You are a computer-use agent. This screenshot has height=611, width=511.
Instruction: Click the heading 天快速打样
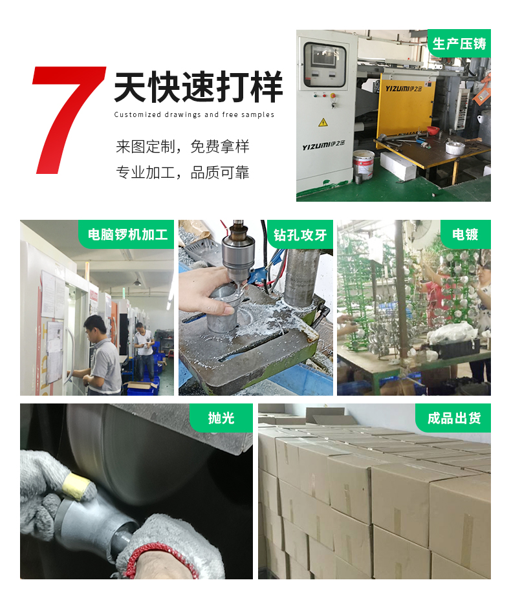click(198, 88)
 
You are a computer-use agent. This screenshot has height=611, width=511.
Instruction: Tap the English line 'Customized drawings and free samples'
click(194, 115)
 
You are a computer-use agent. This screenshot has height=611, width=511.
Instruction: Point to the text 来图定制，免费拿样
click(182, 147)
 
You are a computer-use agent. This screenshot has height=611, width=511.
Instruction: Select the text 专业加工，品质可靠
click(182, 173)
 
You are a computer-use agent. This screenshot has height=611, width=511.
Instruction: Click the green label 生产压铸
click(459, 43)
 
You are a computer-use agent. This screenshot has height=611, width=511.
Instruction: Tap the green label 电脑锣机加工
click(127, 234)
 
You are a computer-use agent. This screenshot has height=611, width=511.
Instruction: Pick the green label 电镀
click(465, 234)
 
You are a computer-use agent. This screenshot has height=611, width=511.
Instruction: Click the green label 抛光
click(221, 418)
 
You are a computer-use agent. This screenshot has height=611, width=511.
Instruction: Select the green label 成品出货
click(454, 418)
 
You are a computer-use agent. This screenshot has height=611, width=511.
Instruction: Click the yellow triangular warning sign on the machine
click(323, 122)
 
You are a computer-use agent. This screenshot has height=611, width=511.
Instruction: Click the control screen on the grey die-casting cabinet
click(325, 65)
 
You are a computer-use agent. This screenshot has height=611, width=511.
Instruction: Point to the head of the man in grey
click(94, 326)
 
